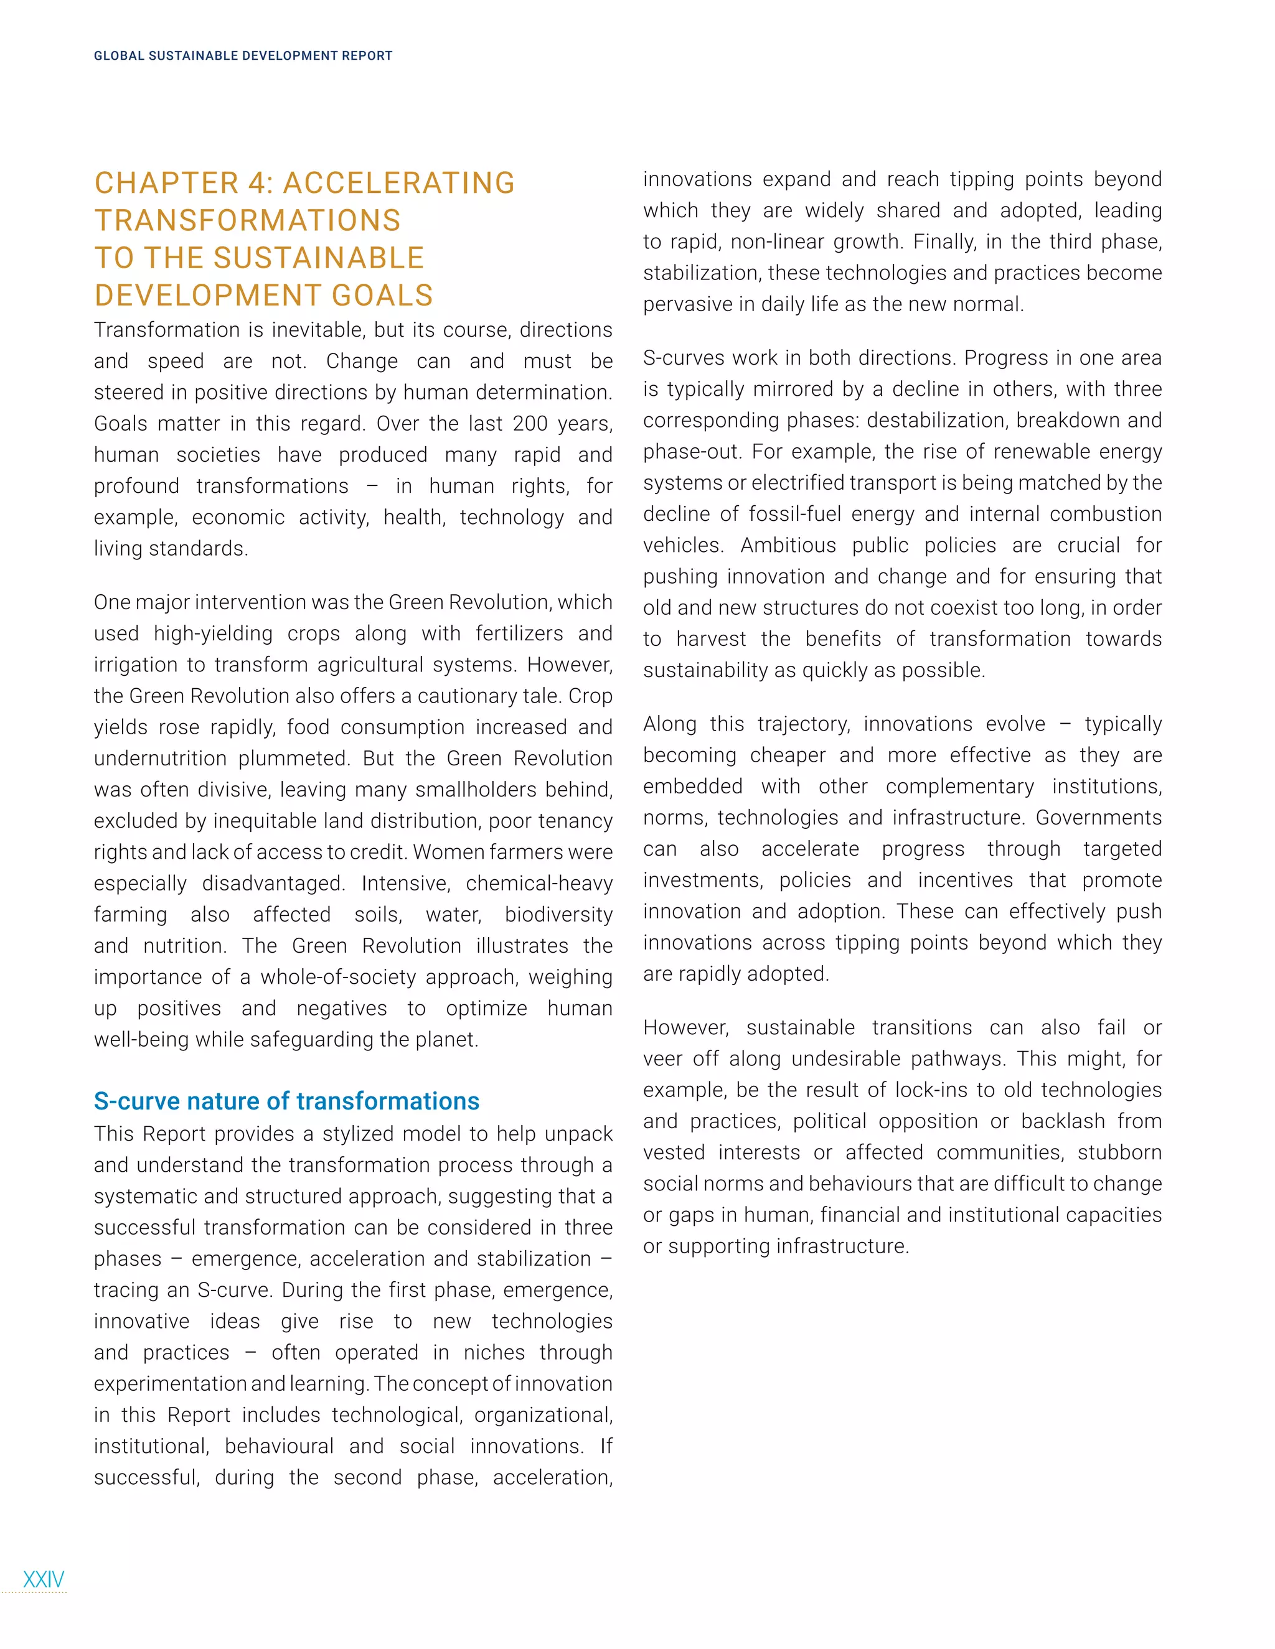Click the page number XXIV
44,1579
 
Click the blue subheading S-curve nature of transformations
286,1101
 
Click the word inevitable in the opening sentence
318,330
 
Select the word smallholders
500,790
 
